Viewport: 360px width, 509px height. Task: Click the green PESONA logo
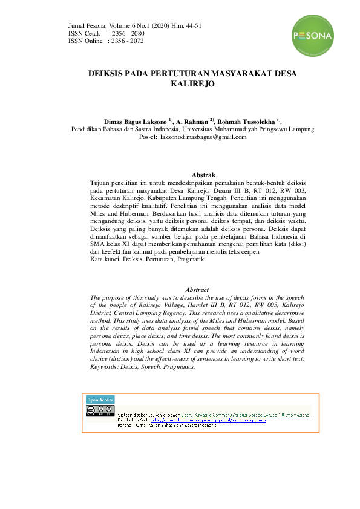[x=312, y=36]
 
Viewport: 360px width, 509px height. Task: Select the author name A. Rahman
[x=191, y=121]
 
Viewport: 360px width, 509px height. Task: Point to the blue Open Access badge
[x=100, y=400]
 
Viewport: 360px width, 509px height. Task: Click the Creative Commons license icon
[x=100, y=411]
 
